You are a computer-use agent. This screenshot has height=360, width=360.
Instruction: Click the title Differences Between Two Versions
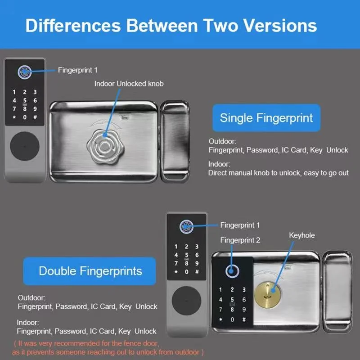point(171,25)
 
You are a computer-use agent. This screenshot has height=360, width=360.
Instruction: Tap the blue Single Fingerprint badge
point(266,118)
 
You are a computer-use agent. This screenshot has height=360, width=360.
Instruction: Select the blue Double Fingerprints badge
point(90,271)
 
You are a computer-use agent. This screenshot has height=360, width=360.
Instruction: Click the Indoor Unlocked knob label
point(129,84)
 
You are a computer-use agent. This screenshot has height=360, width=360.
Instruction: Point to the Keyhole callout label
point(302,235)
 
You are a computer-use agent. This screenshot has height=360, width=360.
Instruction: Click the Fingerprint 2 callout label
point(240,240)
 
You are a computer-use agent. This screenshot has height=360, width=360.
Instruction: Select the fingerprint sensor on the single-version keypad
point(24,72)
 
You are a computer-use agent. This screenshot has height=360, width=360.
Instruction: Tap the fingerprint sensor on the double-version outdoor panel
point(187,226)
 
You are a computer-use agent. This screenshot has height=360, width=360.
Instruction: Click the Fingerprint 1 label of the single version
point(77,70)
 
